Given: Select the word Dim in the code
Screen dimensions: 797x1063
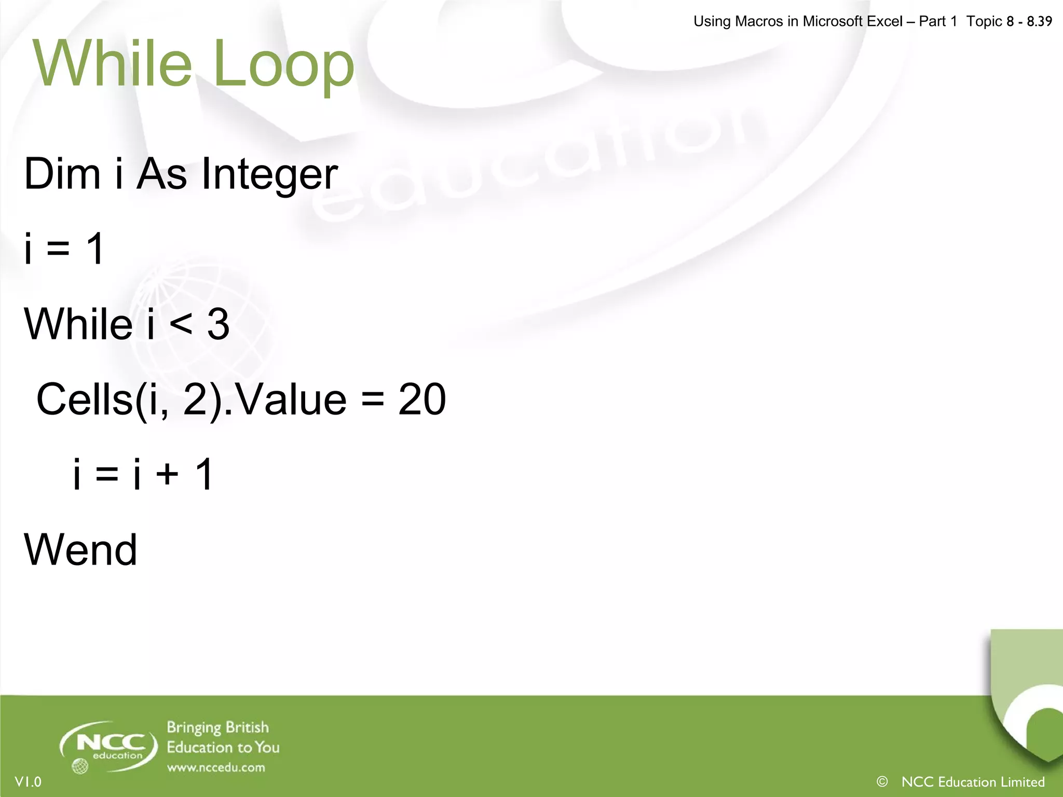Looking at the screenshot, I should click(x=62, y=173).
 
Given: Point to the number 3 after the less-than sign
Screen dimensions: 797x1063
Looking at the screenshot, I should click(x=219, y=324).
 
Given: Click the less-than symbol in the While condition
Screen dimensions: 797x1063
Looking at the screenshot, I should click(x=181, y=325).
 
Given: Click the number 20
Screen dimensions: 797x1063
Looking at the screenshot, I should click(x=422, y=399).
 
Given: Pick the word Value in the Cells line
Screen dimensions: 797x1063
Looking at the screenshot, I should click(x=291, y=399).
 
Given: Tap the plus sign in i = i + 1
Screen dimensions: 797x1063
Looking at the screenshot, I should click(x=167, y=474).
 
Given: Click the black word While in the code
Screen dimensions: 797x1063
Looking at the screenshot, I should click(x=78, y=324).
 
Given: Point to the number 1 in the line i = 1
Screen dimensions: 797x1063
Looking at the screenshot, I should click(x=96, y=249).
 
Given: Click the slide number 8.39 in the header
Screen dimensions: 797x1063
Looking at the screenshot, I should click(x=1039, y=21).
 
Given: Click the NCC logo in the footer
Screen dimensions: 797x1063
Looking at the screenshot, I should click(x=108, y=746).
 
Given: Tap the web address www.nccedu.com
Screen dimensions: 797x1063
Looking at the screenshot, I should click(x=215, y=767).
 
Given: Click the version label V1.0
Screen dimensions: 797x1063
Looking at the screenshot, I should click(x=28, y=782).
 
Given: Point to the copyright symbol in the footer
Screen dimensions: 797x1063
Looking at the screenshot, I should click(x=882, y=781).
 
